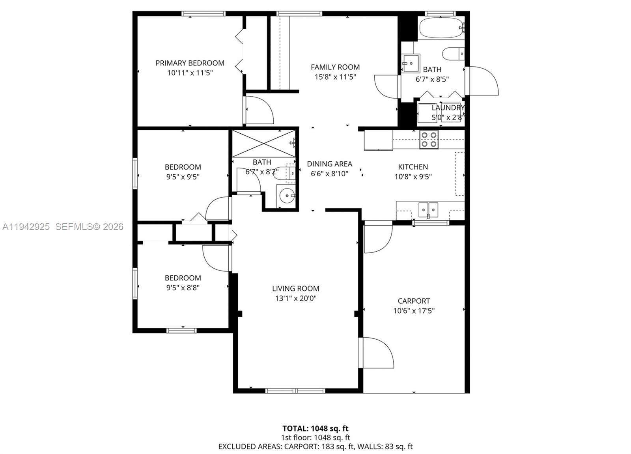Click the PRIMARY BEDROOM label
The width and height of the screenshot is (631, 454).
tap(190, 63)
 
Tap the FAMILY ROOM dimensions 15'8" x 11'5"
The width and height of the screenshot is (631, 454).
tap(335, 77)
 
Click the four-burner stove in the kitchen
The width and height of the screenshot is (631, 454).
tap(429, 140)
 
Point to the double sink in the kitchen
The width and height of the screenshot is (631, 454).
tap(428, 209)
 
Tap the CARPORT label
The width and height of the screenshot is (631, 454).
tap(414, 301)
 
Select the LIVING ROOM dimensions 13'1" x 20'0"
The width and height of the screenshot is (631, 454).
tap(295, 299)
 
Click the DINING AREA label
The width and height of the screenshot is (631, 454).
tap(329, 164)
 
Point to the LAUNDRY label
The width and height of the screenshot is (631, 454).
tap(448, 108)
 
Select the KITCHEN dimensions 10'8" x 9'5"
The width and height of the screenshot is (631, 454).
tap(413, 177)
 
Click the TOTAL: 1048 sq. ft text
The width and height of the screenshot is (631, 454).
tap(315, 428)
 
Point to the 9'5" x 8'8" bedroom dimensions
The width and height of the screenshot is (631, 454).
tap(183, 288)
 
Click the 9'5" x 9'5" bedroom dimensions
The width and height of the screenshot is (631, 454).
tap(183, 177)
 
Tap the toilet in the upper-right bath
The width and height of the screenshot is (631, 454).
tap(452, 54)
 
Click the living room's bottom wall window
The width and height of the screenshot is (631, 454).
tap(295, 390)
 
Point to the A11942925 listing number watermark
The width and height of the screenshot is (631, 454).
tap(26, 227)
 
